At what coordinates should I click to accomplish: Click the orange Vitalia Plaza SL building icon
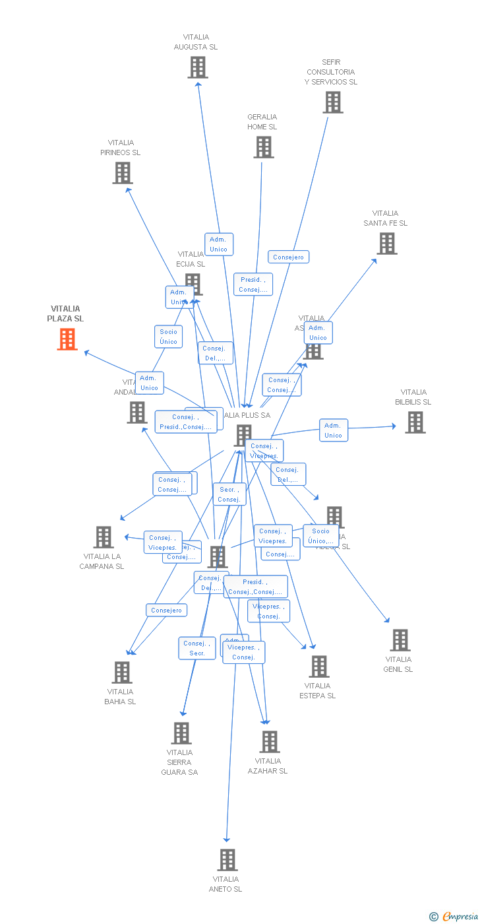(x=67, y=339)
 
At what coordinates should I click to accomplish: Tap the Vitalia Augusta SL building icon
(x=197, y=67)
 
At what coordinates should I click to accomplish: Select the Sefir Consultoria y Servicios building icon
(x=333, y=102)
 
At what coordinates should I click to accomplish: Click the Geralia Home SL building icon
(x=263, y=147)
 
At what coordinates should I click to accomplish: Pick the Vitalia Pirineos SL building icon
(x=122, y=173)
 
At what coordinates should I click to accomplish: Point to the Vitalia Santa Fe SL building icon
(x=386, y=244)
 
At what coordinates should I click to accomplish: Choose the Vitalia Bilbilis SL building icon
(x=415, y=422)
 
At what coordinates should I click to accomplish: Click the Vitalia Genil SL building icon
(x=400, y=640)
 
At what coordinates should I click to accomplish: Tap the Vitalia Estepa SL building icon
(x=318, y=667)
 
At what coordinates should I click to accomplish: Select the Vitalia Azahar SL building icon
(x=269, y=742)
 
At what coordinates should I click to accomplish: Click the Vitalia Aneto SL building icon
(x=227, y=860)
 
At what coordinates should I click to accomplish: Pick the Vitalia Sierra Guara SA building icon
(x=181, y=733)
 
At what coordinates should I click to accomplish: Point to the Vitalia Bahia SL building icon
(x=122, y=673)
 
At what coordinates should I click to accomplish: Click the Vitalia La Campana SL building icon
(x=104, y=537)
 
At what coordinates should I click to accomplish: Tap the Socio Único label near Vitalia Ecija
(x=168, y=337)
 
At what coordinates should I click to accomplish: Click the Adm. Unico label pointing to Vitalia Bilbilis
(x=333, y=430)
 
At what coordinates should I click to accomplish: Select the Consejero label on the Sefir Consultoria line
(x=288, y=257)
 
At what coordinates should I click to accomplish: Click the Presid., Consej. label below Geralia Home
(x=253, y=284)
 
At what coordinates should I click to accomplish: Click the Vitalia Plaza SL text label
(x=65, y=313)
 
